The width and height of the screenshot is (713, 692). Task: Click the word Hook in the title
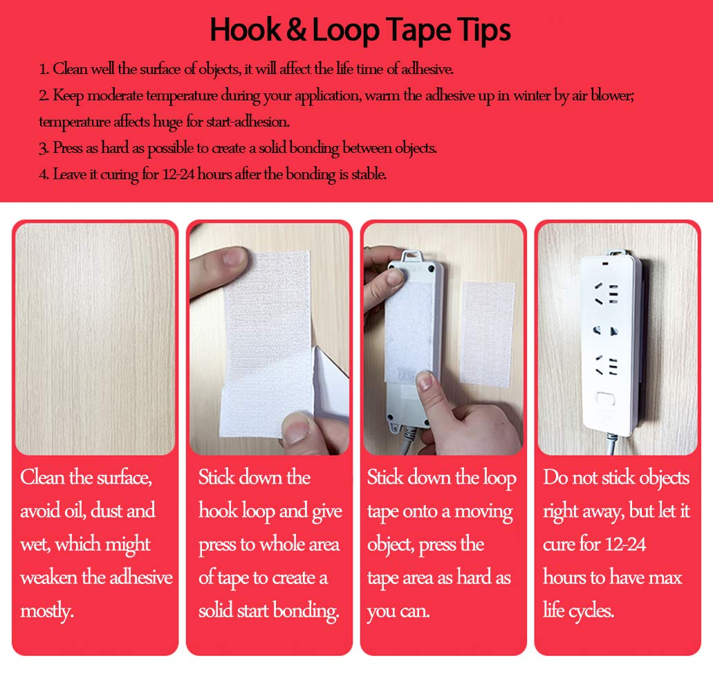coord(243,30)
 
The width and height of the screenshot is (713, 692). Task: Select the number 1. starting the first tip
coord(44,69)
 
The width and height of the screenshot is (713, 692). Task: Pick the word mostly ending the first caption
coord(46,611)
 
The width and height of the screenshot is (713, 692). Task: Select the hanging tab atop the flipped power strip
coord(414,255)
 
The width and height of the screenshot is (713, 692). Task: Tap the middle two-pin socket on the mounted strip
coord(604,331)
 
